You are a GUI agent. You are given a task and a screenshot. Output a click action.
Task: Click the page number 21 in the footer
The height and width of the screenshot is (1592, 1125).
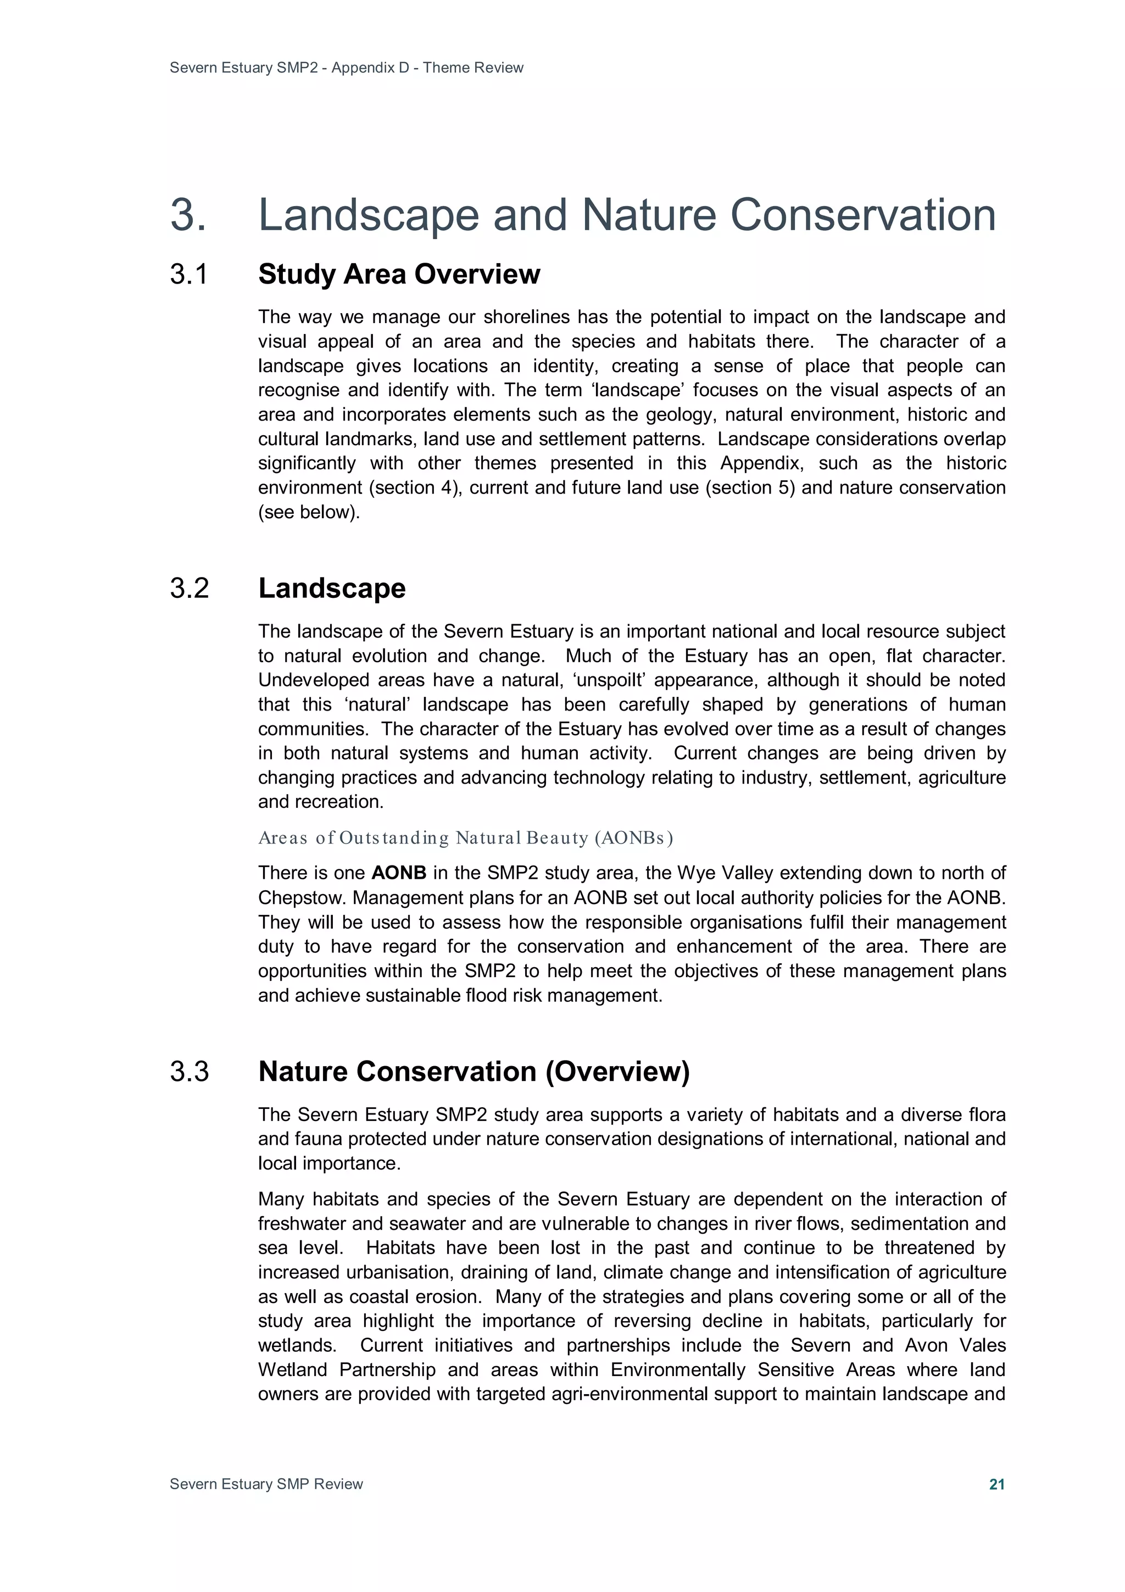click(x=996, y=1484)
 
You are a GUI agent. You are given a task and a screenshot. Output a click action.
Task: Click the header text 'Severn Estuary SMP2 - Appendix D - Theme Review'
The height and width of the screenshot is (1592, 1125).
click(x=346, y=68)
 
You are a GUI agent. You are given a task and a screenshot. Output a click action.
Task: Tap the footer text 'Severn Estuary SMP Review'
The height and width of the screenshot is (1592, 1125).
click(x=266, y=1484)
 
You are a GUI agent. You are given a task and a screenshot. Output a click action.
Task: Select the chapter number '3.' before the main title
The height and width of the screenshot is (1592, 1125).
click(x=188, y=214)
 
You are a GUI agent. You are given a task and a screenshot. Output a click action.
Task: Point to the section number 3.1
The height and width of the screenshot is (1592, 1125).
click(x=188, y=275)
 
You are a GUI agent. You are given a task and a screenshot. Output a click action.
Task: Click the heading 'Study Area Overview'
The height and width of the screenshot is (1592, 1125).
click(x=399, y=275)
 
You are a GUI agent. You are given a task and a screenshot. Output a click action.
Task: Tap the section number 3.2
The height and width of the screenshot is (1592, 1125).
click(x=189, y=588)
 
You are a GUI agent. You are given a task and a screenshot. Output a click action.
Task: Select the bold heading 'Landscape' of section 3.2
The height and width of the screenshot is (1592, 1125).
click(x=331, y=588)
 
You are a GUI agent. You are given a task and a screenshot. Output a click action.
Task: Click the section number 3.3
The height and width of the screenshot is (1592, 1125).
click(x=189, y=1071)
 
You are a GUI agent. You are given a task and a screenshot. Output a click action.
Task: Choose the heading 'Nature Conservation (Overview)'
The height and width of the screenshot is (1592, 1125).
click(x=474, y=1071)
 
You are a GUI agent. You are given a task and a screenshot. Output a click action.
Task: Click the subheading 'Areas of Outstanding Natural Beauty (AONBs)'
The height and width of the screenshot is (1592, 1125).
click(x=465, y=837)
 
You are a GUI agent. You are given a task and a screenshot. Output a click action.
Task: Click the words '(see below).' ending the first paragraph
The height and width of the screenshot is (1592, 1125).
click(x=309, y=512)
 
